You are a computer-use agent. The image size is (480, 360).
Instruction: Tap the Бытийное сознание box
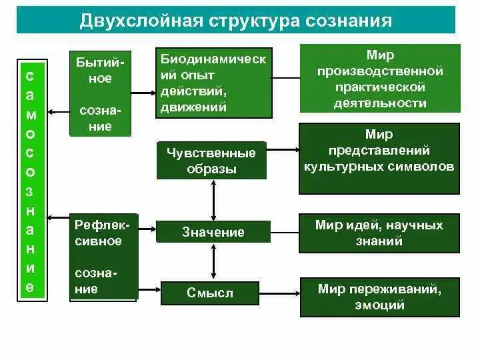[100, 93]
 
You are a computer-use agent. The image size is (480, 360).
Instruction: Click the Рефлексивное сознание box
[103, 257]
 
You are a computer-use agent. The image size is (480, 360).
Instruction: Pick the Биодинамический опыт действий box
[213, 83]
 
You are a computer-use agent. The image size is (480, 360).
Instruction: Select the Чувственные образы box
[211, 161]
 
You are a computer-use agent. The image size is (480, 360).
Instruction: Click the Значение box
[213, 232]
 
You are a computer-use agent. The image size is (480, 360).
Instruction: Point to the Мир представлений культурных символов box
[379, 158]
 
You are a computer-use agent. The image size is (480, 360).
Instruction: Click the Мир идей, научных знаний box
[379, 233]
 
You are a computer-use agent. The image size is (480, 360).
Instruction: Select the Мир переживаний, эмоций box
[379, 297]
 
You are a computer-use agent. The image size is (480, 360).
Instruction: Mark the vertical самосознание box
[30, 177]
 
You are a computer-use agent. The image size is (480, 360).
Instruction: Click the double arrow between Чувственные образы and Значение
[213, 199]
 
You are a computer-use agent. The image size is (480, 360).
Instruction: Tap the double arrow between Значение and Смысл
[213, 262]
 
